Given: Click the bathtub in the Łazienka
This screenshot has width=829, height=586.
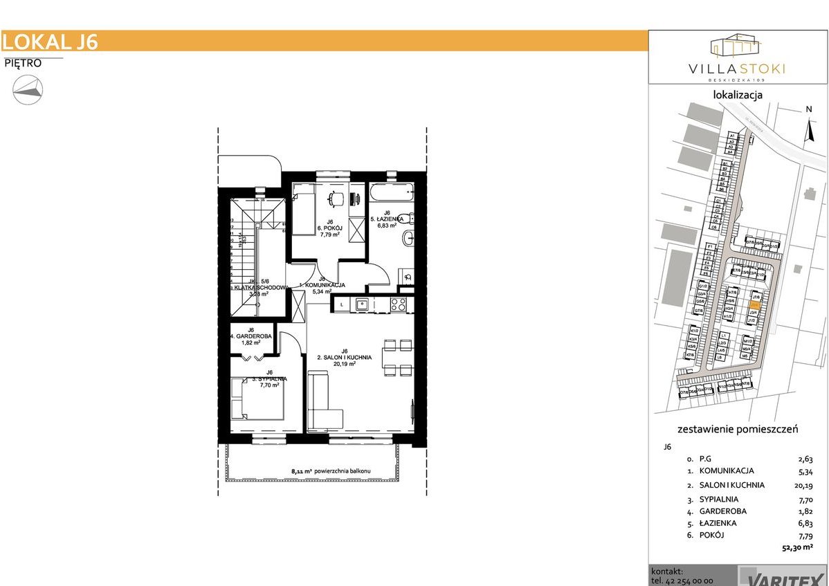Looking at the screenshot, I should point(390,191).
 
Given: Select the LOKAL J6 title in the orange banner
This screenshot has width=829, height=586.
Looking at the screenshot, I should point(50,42).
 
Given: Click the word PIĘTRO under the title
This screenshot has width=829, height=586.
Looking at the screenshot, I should point(23,63).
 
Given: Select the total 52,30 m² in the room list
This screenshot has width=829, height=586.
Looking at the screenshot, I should point(794,547).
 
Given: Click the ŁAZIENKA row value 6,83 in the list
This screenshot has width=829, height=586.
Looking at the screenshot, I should point(805,523).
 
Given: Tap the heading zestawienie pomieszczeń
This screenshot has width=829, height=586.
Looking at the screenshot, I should point(738,429).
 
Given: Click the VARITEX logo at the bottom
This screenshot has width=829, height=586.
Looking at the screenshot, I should point(781,576).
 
